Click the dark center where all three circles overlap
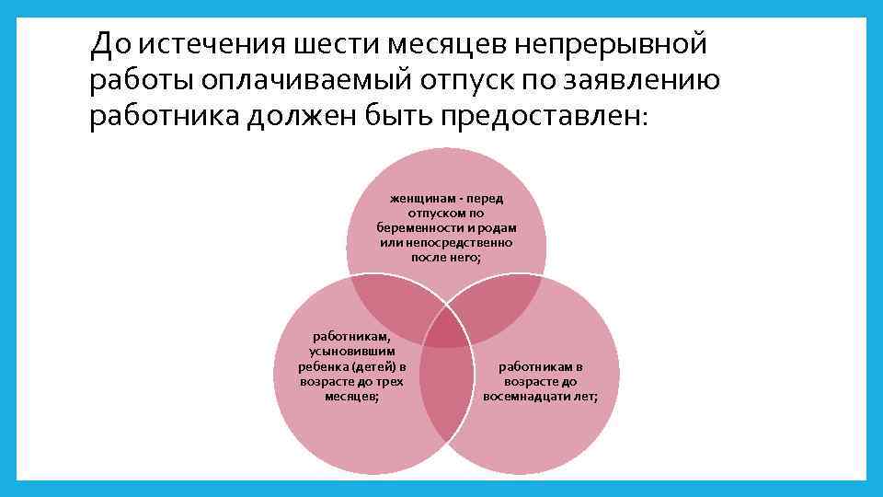pyautogui.click(x=447, y=330)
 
